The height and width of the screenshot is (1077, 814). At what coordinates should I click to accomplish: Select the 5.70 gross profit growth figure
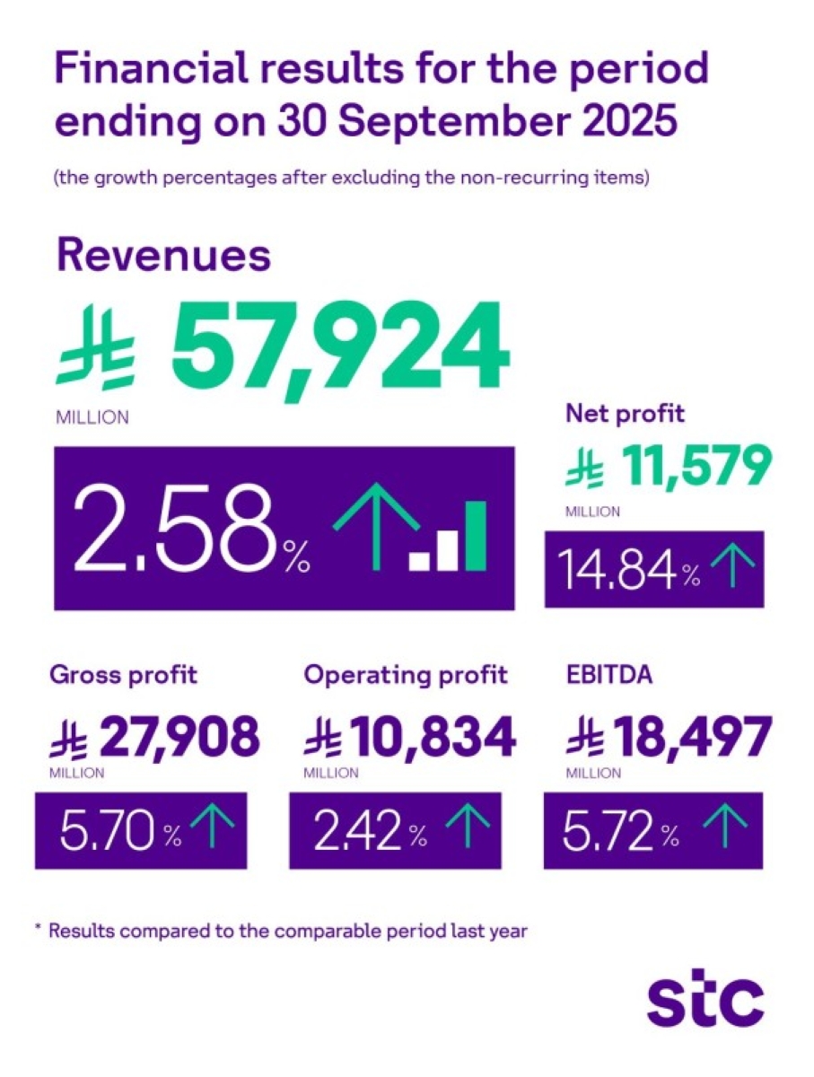click(109, 831)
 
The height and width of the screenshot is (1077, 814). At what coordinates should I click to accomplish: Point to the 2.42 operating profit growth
click(357, 831)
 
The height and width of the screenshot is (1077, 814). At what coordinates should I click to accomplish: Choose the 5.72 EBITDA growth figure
click(608, 831)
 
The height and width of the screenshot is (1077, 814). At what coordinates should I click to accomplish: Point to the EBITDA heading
click(608, 675)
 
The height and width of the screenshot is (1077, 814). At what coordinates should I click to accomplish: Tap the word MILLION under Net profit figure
click(591, 512)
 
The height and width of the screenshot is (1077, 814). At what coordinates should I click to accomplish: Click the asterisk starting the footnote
click(39, 929)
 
